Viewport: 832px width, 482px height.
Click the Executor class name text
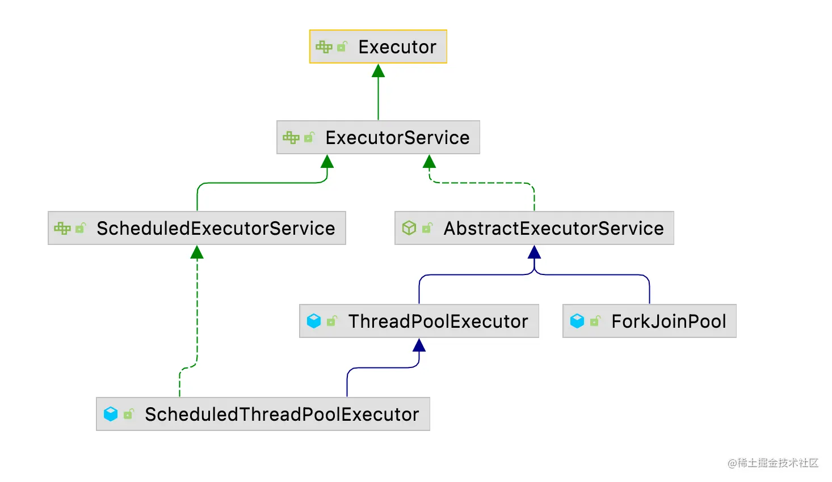(x=397, y=47)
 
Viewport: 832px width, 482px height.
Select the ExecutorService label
(x=397, y=138)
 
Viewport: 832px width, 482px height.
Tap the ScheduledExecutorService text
(x=216, y=228)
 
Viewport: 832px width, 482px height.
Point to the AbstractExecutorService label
(x=553, y=228)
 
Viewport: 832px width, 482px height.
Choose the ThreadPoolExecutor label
(x=438, y=322)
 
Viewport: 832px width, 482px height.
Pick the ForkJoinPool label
(x=669, y=322)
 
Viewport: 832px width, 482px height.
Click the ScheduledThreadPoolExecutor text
(x=282, y=414)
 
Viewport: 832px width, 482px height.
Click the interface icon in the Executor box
(x=324, y=46)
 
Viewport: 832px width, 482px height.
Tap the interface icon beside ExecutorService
(x=291, y=138)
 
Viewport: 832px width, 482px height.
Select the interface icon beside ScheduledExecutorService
(x=62, y=228)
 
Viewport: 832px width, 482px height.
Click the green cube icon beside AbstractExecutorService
(x=409, y=228)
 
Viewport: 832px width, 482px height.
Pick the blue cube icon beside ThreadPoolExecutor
(x=314, y=321)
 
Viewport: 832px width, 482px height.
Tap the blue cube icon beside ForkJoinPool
(x=577, y=321)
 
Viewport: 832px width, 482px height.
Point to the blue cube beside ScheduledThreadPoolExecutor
(x=111, y=414)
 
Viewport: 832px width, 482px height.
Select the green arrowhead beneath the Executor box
(x=378, y=70)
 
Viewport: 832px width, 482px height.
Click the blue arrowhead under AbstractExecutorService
(x=534, y=252)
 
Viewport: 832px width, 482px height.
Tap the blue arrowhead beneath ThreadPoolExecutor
(x=419, y=345)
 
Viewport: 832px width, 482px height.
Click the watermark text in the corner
(x=773, y=463)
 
